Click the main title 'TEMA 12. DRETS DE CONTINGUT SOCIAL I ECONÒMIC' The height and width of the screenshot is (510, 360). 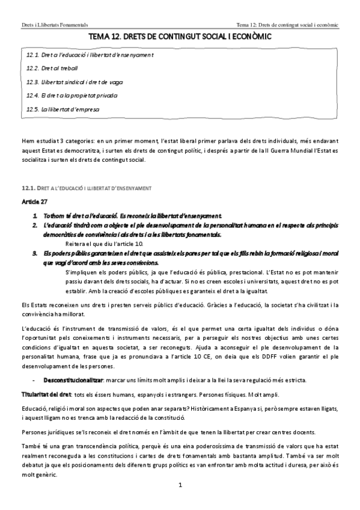click(x=180, y=37)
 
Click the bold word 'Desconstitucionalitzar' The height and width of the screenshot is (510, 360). click(x=69, y=380)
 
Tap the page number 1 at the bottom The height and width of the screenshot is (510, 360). click(x=180, y=485)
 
